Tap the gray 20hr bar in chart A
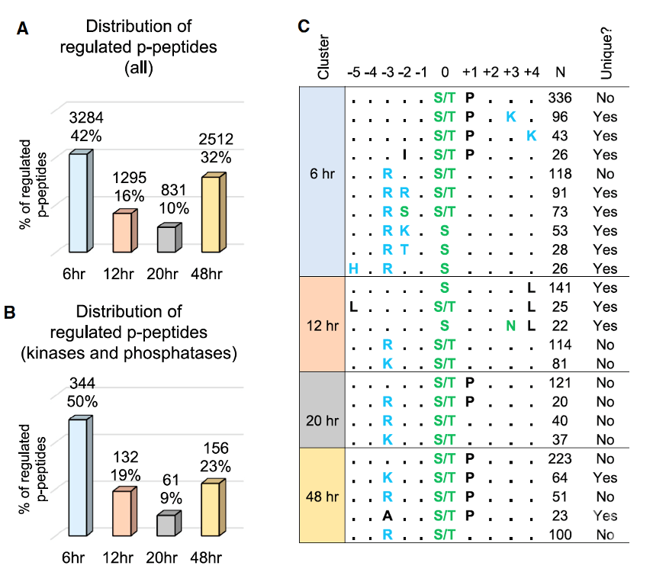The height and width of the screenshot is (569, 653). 169,238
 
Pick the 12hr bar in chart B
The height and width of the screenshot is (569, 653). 124,512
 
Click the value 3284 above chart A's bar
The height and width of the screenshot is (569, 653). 86,117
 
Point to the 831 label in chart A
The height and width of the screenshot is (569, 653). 173,190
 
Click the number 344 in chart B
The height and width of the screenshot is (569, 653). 82,383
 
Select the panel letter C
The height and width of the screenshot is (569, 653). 304,26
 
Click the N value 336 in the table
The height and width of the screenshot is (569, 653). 560,98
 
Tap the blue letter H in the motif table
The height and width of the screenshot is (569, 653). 353,269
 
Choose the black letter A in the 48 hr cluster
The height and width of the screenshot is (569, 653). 388,516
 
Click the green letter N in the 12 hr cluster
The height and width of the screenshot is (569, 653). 510,326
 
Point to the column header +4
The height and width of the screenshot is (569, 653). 532,72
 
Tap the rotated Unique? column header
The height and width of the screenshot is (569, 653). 606,53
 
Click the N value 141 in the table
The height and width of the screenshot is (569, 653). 560,288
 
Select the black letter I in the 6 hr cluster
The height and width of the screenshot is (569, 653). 404,155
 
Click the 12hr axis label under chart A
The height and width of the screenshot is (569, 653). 119,275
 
